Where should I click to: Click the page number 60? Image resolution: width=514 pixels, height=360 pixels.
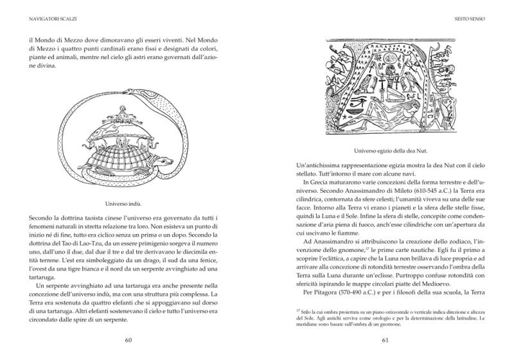[x=128, y=340]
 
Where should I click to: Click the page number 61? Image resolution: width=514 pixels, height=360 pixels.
[x=385, y=340]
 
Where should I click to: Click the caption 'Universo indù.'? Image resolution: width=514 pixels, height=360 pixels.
[x=128, y=203]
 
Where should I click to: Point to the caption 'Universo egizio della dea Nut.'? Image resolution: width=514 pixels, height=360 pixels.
[x=385, y=152]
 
